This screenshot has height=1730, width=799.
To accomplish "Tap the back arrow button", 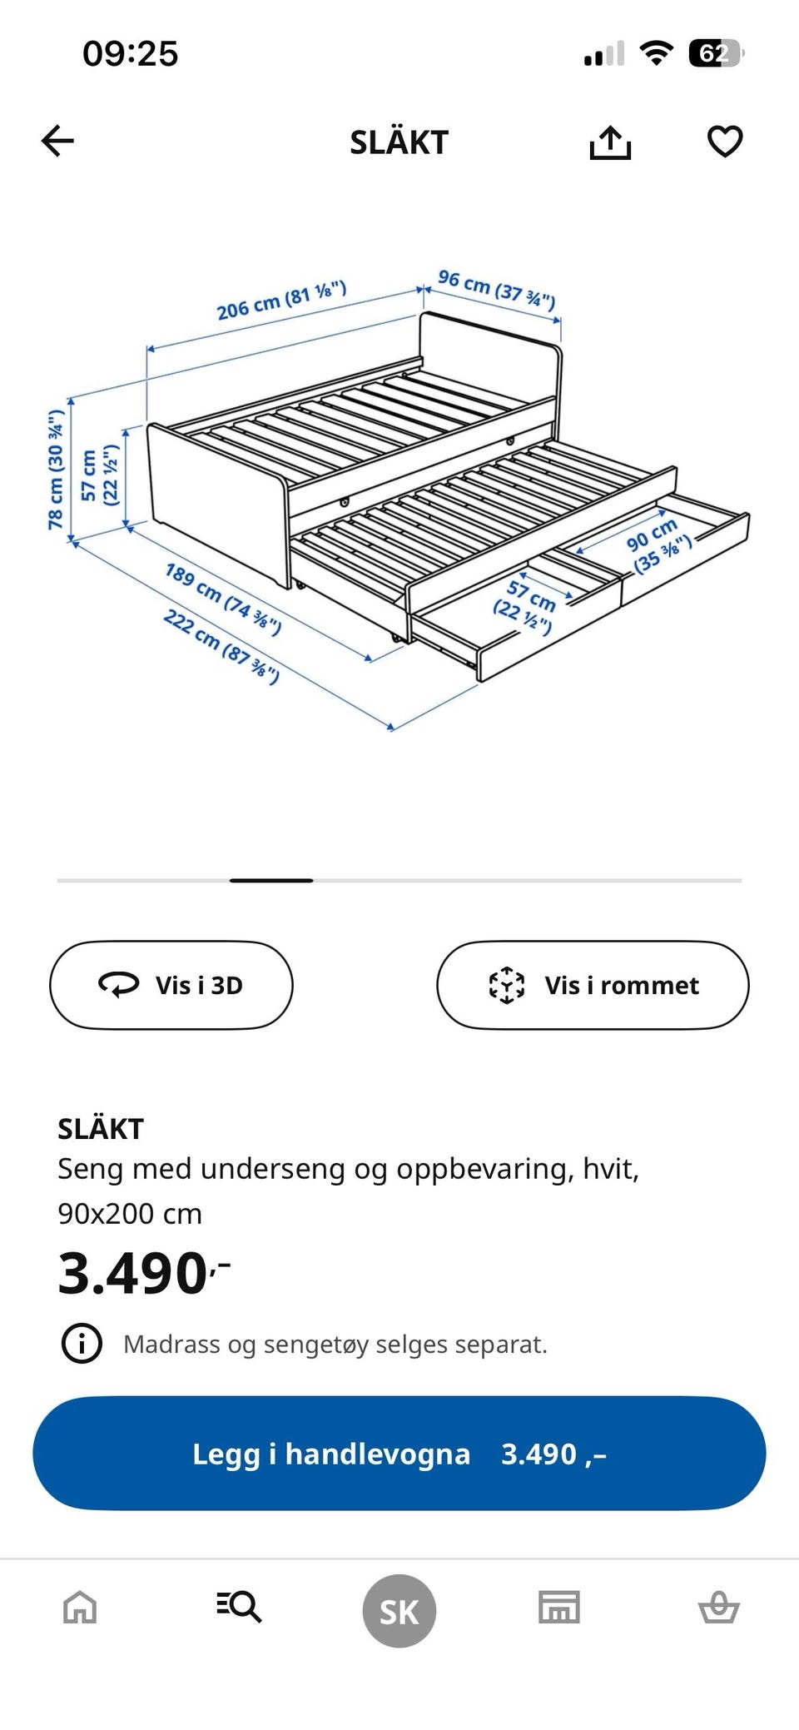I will point(58,141).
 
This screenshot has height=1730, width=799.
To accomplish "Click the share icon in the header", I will point(610,142).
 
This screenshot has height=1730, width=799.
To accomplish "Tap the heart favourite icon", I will point(724,141).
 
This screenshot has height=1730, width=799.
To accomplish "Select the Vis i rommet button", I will point(593,985).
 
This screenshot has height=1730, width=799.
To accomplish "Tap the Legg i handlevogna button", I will point(399,1454).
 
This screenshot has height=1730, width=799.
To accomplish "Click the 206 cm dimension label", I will point(281,301).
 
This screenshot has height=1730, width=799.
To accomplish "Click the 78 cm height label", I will point(56,470).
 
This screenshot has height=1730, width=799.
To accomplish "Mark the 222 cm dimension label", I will point(221,645).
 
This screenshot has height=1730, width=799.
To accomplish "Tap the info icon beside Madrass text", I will point(82,1344).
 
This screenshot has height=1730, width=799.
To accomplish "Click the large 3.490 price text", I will point(133,1273).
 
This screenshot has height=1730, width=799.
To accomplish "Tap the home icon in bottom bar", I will point(80,1608).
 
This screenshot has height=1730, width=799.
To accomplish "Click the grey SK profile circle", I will point(399,1611).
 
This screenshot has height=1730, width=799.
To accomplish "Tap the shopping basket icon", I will point(718,1608).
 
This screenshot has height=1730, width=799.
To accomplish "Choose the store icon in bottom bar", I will point(559,1608).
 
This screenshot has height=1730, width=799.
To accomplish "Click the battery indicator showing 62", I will point(714,54).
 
